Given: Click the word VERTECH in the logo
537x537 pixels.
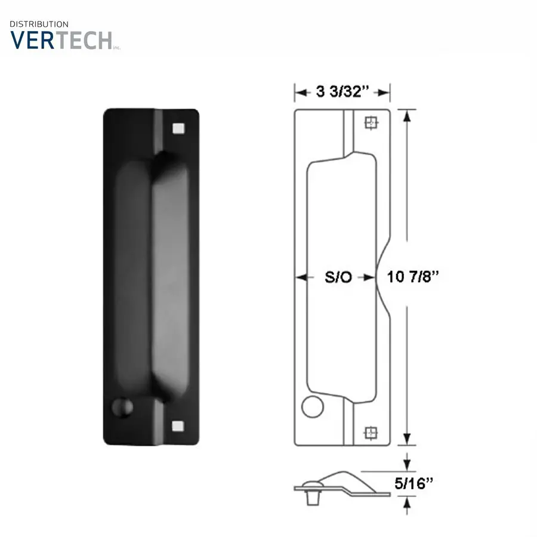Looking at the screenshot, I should pyautogui.click(x=61, y=39).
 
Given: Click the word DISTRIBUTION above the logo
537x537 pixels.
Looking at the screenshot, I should pyautogui.click(x=39, y=24).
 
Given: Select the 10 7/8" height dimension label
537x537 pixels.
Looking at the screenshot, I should pyautogui.click(x=413, y=277).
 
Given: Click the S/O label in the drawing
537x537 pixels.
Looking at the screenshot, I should pyautogui.click(x=338, y=277).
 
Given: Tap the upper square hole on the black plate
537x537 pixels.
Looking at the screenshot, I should pyautogui.click(x=177, y=128).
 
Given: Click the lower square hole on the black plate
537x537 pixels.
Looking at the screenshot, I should pyautogui.click(x=177, y=425).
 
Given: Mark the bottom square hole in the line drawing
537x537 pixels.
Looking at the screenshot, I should pyautogui.click(x=371, y=431).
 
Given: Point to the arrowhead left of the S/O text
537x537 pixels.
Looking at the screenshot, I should pyautogui.click(x=300, y=277).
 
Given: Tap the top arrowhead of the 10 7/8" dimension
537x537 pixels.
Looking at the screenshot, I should pyautogui.click(x=407, y=115).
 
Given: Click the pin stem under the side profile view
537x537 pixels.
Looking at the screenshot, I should pyautogui.click(x=311, y=499).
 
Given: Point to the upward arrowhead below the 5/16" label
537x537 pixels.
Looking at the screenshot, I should pyautogui.click(x=407, y=502).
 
